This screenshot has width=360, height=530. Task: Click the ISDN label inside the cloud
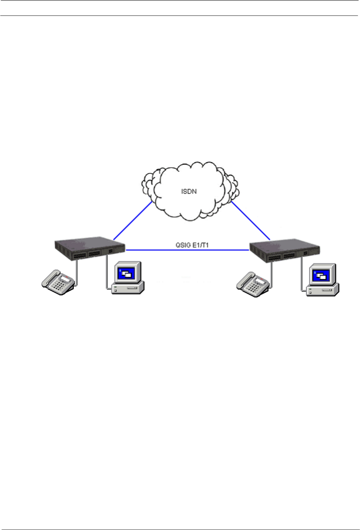[x=189, y=192]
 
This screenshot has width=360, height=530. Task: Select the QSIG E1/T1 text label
[x=192, y=245]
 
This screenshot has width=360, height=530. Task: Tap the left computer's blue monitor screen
[x=126, y=273]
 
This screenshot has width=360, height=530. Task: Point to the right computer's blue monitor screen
[x=321, y=275]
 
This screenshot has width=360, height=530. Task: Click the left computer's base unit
[x=128, y=288]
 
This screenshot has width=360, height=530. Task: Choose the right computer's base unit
[x=322, y=291]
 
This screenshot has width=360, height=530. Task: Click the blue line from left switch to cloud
[x=133, y=220]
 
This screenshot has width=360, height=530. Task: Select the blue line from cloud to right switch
[x=250, y=220]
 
